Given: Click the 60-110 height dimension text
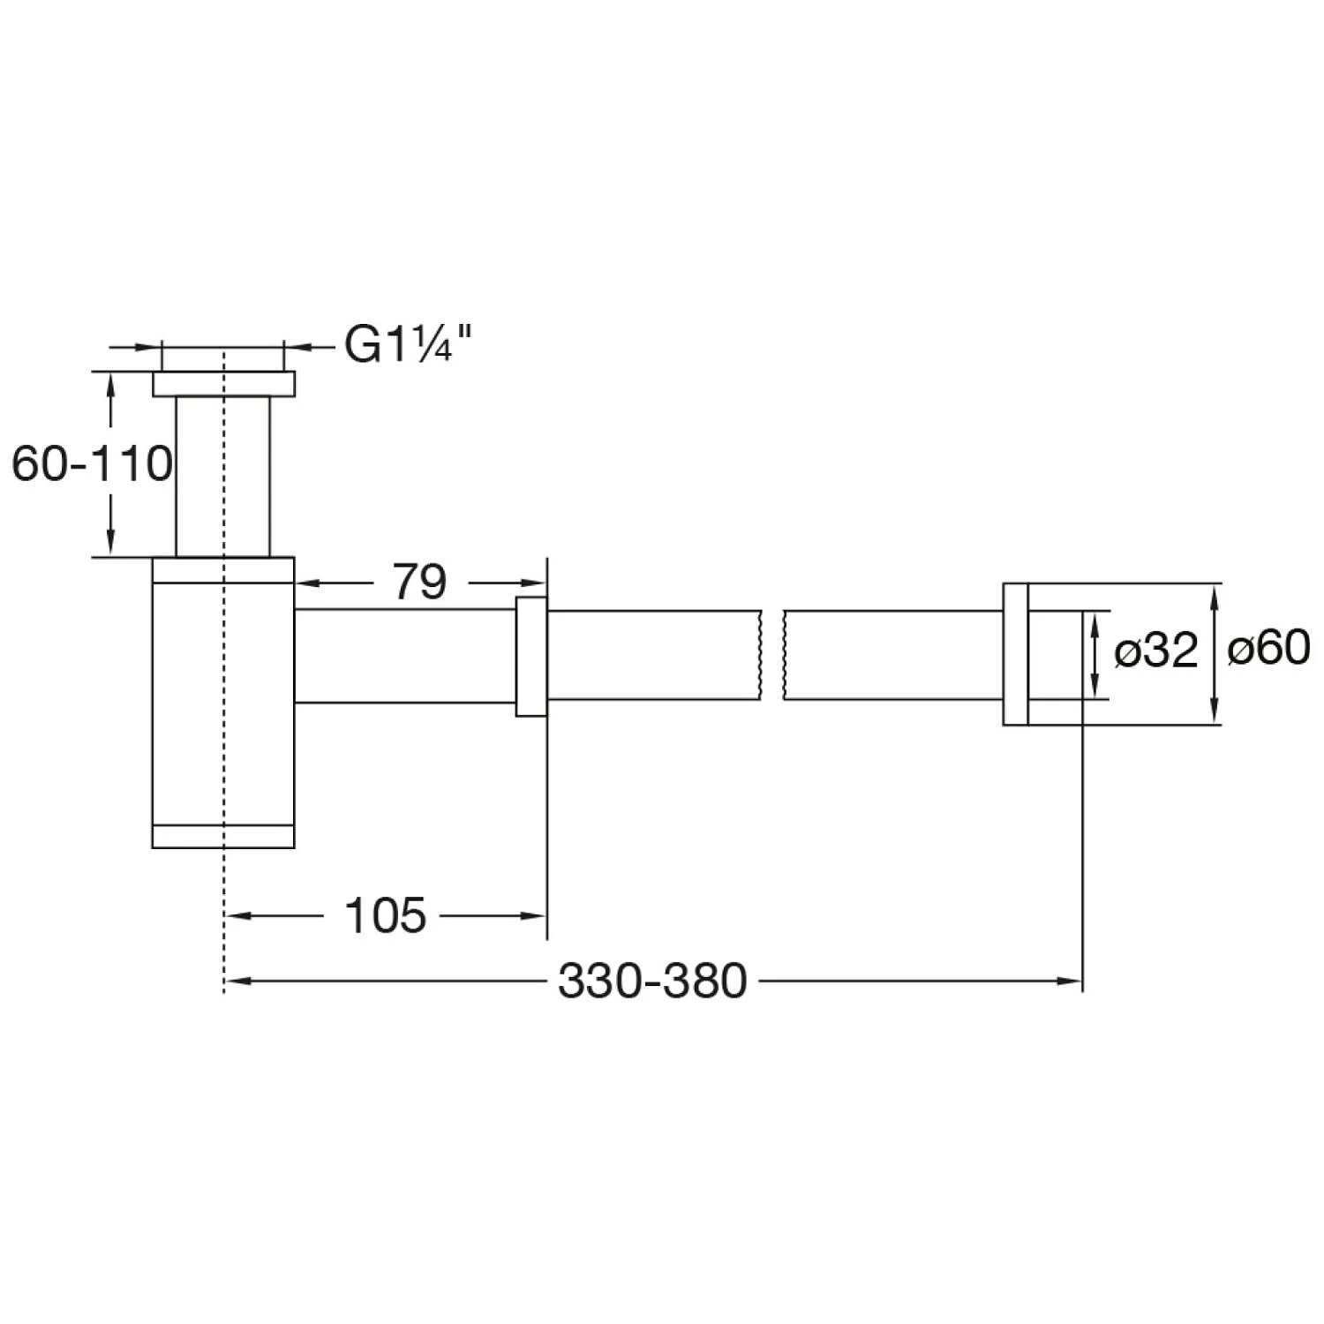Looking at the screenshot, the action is pyautogui.click(x=92, y=463).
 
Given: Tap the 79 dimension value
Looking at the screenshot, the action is pyautogui.click(x=419, y=582).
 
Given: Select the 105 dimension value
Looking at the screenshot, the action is pyautogui.click(x=386, y=915).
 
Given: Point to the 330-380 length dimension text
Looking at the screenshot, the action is pyautogui.click(x=653, y=981).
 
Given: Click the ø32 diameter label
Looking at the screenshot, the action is pyautogui.click(x=1156, y=651).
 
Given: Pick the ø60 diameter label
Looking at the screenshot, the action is pyautogui.click(x=1269, y=649).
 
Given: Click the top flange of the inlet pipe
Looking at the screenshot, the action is pyautogui.click(x=223, y=384).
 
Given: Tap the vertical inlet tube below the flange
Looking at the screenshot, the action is pyautogui.click(x=223, y=477).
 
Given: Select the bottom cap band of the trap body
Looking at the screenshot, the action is pyautogui.click(x=223, y=836).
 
